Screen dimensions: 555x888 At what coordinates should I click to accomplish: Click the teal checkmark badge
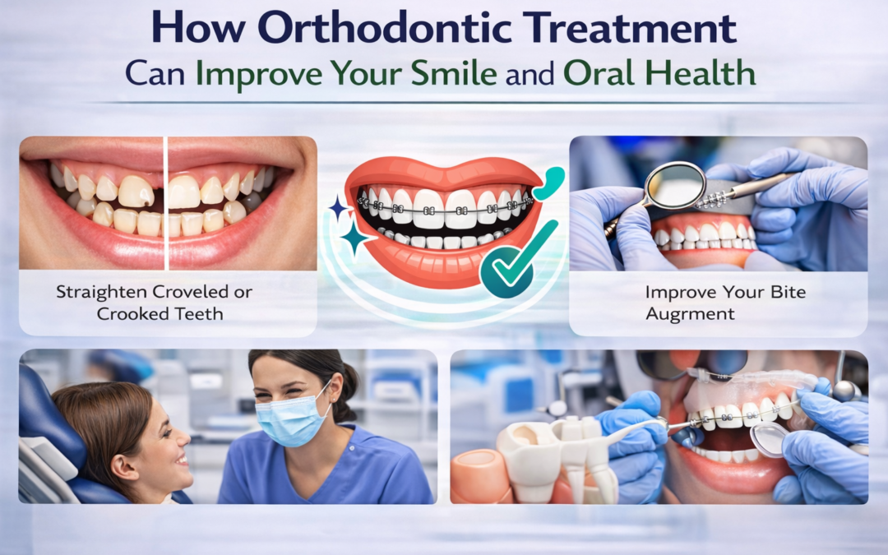pos(508,267)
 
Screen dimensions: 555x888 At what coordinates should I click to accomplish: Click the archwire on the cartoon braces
pos(444,210)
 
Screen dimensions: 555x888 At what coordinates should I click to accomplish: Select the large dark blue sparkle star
pos(355,239)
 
